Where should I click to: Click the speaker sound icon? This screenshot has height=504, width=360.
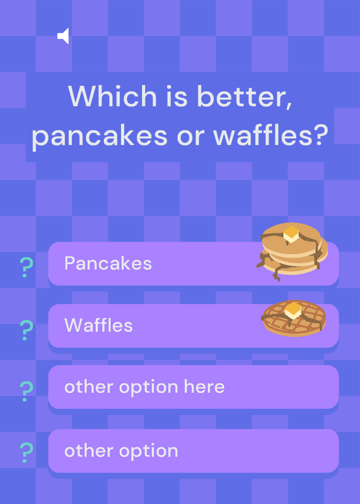coord(63,36)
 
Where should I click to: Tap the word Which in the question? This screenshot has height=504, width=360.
coord(112,96)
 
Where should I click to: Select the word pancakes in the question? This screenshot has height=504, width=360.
coord(100,136)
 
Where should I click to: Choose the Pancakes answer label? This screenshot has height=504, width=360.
coord(108,263)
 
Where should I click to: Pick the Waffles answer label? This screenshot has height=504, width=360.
coord(98,325)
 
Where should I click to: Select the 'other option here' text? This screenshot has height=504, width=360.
coord(144,387)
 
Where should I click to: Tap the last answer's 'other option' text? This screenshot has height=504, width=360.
coord(121,450)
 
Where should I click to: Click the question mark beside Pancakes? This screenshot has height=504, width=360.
coord(26,267)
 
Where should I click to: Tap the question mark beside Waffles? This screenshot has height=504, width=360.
coord(26,330)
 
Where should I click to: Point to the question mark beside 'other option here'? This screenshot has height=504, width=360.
coord(26,391)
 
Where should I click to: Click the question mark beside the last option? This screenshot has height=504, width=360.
coord(26,452)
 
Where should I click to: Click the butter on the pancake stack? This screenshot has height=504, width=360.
coord(291,234)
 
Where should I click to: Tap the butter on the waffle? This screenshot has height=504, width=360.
coord(293,310)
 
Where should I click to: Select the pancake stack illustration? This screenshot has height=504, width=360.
coord(292,251)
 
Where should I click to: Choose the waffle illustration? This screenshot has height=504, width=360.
coord(294,318)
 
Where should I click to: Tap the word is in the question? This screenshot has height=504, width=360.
coord(177,96)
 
